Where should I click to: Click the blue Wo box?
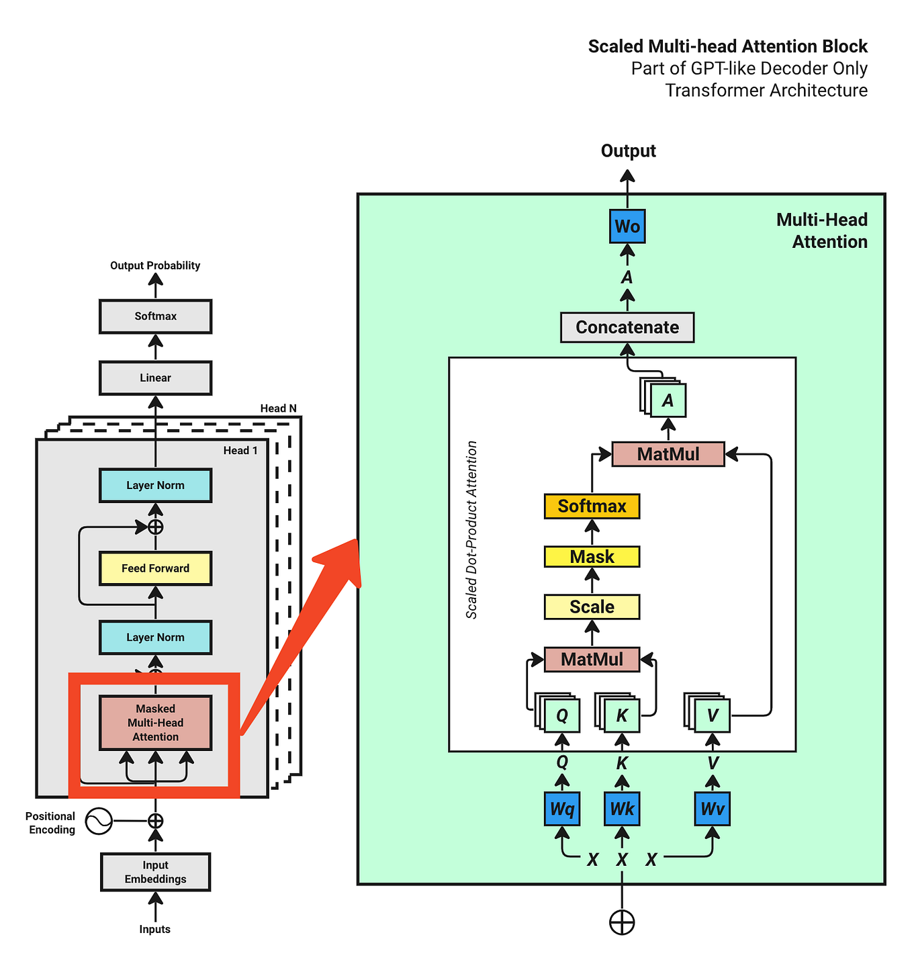pos(627,226)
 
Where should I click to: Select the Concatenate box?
pos(627,327)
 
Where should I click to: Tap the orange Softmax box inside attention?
pos(592,506)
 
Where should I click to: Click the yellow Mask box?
pos(592,557)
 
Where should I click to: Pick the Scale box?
pos(592,607)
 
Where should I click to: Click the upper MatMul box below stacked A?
pos(668,454)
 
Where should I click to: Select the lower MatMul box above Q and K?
pos(592,659)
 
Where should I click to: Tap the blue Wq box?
pos(562,809)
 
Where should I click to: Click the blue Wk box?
pos(622,809)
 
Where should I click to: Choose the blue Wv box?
pos(712,809)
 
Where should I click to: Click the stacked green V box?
pos(712,715)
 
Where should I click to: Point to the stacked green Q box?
pos(561,715)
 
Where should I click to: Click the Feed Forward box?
pos(155,568)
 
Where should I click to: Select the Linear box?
pos(155,378)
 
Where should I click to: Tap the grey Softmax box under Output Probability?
pos(155,316)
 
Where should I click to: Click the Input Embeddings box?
pos(155,872)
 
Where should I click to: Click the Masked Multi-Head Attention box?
pos(155,723)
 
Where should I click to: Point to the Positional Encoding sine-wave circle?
pos(99,821)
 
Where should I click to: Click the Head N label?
pos(278,408)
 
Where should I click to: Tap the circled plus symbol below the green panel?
pos(622,922)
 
